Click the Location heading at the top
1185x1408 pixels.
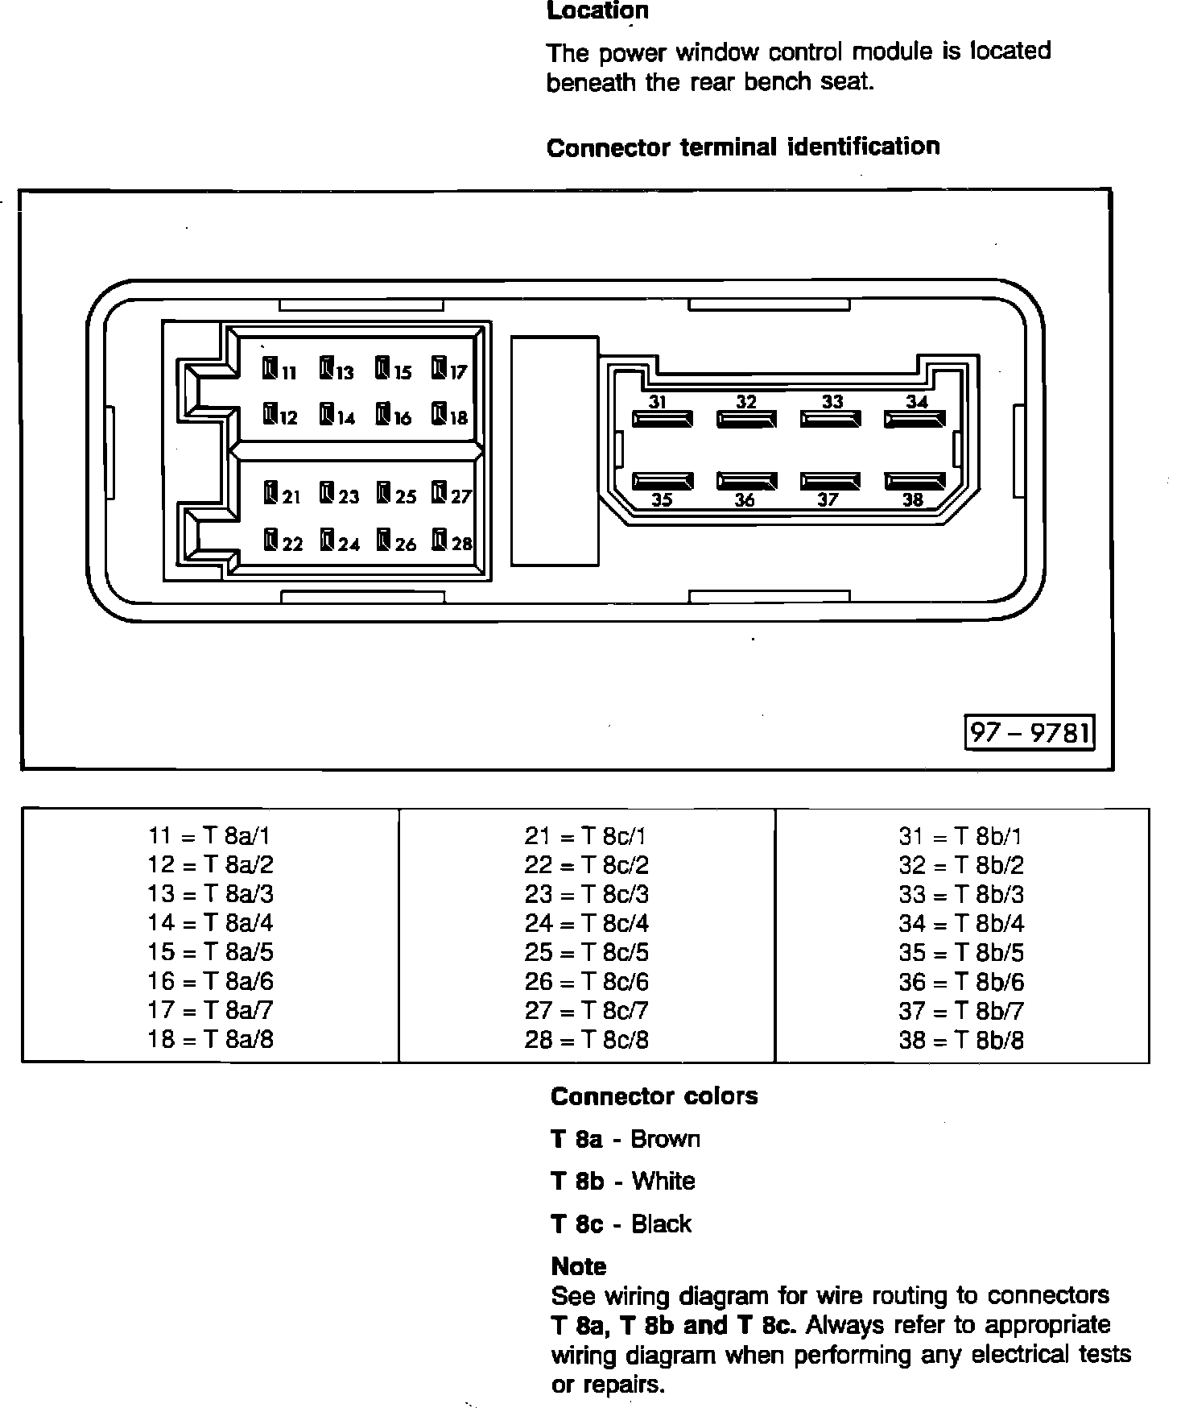[x=597, y=11]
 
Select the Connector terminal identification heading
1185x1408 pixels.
[x=743, y=147]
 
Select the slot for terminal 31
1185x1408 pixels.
[x=663, y=419]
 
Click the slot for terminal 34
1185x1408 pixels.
[x=915, y=419]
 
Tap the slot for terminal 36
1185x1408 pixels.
[x=746, y=482]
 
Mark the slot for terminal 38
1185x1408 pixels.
[x=915, y=482]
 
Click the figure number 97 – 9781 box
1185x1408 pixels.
[x=1030, y=732]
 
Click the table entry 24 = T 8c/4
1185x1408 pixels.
[x=586, y=923]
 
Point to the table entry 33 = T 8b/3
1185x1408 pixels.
[x=961, y=894]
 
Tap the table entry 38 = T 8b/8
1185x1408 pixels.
[x=961, y=1040]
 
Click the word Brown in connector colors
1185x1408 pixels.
[x=665, y=1139]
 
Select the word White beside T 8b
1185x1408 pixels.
[x=663, y=1182]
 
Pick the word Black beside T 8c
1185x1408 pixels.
[x=661, y=1224]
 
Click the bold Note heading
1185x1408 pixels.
[x=579, y=1266]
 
